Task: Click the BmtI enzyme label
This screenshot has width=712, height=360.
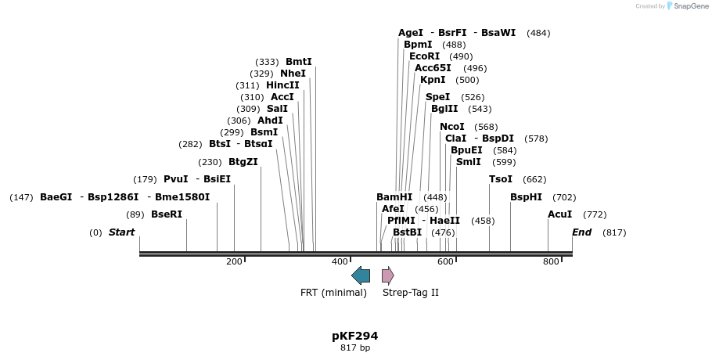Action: click(x=299, y=62)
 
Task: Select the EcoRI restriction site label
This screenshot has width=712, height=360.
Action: click(x=424, y=56)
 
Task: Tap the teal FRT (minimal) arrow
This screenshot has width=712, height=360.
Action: click(x=361, y=275)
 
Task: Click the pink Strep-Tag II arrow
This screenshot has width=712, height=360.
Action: click(x=387, y=275)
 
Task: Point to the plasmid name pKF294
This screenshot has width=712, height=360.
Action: click(x=354, y=336)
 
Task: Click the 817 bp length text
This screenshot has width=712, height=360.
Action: click(x=354, y=347)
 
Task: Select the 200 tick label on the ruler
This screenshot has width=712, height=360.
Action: click(x=234, y=261)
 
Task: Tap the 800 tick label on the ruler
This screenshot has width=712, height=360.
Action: click(x=551, y=261)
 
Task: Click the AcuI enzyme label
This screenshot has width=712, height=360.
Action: click(x=560, y=214)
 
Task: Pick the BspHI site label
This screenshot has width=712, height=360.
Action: click(x=526, y=197)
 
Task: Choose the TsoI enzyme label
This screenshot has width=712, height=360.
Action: click(x=501, y=179)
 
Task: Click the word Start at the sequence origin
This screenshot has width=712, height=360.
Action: click(x=121, y=232)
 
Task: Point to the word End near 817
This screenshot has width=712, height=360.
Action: click(x=582, y=232)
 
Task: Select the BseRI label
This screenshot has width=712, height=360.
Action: click(x=166, y=214)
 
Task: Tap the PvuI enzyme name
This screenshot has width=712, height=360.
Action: click(x=176, y=179)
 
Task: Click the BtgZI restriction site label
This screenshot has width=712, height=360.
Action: click(x=243, y=162)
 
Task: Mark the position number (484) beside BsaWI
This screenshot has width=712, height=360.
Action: click(x=538, y=33)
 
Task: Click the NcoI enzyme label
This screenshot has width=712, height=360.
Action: click(x=452, y=127)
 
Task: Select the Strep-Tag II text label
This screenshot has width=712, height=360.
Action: click(x=410, y=293)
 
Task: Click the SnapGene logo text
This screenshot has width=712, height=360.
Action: click(x=689, y=6)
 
